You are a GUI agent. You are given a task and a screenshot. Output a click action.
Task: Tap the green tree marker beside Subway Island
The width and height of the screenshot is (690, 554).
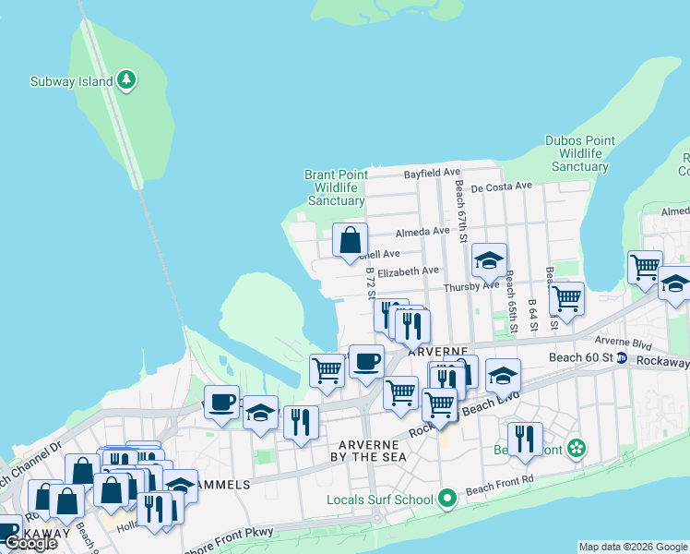[x=127, y=81]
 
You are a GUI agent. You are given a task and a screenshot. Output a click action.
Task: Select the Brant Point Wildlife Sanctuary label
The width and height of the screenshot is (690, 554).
[x=337, y=187]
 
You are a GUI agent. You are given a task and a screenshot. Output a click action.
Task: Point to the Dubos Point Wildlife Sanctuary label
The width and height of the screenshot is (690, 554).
[x=580, y=153]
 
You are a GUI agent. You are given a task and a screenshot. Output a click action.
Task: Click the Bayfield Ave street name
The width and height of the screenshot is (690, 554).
[x=432, y=173]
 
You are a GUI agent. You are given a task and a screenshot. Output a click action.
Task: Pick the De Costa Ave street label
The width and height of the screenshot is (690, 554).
[x=501, y=186]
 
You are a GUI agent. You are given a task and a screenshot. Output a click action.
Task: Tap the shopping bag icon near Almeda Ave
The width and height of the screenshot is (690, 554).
[x=350, y=242]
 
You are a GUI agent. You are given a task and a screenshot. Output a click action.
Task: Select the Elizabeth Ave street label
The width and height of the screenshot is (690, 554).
[x=409, y=271]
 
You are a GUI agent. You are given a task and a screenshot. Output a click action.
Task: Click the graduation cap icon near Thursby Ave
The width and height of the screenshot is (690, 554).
[x=489, y=261]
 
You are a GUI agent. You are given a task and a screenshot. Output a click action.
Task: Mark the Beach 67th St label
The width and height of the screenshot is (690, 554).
[x=460, y=207]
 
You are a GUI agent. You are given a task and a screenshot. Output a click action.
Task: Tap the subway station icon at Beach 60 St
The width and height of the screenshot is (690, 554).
[x=623, y=357]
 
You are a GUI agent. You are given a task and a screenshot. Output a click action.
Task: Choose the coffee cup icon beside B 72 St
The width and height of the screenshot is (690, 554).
[x=366, y=361]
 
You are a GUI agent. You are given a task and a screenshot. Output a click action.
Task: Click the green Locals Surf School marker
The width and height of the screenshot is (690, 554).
[x=447, y=500]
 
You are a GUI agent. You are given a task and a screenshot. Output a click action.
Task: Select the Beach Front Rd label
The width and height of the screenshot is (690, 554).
[x=500, y=489]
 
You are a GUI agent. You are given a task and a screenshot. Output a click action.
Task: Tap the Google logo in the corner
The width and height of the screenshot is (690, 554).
[x=30, y=543]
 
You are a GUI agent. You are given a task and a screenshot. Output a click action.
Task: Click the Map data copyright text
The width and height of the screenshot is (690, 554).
[x=633, y=547]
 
